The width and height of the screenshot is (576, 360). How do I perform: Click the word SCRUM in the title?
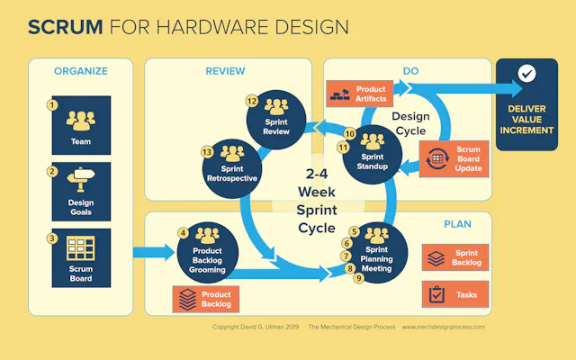click(65, 26)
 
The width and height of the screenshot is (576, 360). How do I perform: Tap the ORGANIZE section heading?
click(81, 71)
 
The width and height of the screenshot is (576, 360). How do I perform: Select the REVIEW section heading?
click(225, 71)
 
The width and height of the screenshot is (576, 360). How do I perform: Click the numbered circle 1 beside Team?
click(53, 105)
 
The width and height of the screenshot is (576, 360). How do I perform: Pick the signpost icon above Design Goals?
click(81, 183)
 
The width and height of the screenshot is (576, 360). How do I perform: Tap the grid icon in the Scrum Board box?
click(81, 248)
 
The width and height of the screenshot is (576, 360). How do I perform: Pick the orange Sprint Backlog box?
click(454, 258)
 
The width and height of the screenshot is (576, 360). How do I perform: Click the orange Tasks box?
click(454, 294)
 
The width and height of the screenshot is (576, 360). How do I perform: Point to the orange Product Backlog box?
click(205, 299)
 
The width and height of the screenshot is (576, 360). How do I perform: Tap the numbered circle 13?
click(207, 152)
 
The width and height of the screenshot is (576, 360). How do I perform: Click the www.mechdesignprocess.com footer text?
click(444, 327)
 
